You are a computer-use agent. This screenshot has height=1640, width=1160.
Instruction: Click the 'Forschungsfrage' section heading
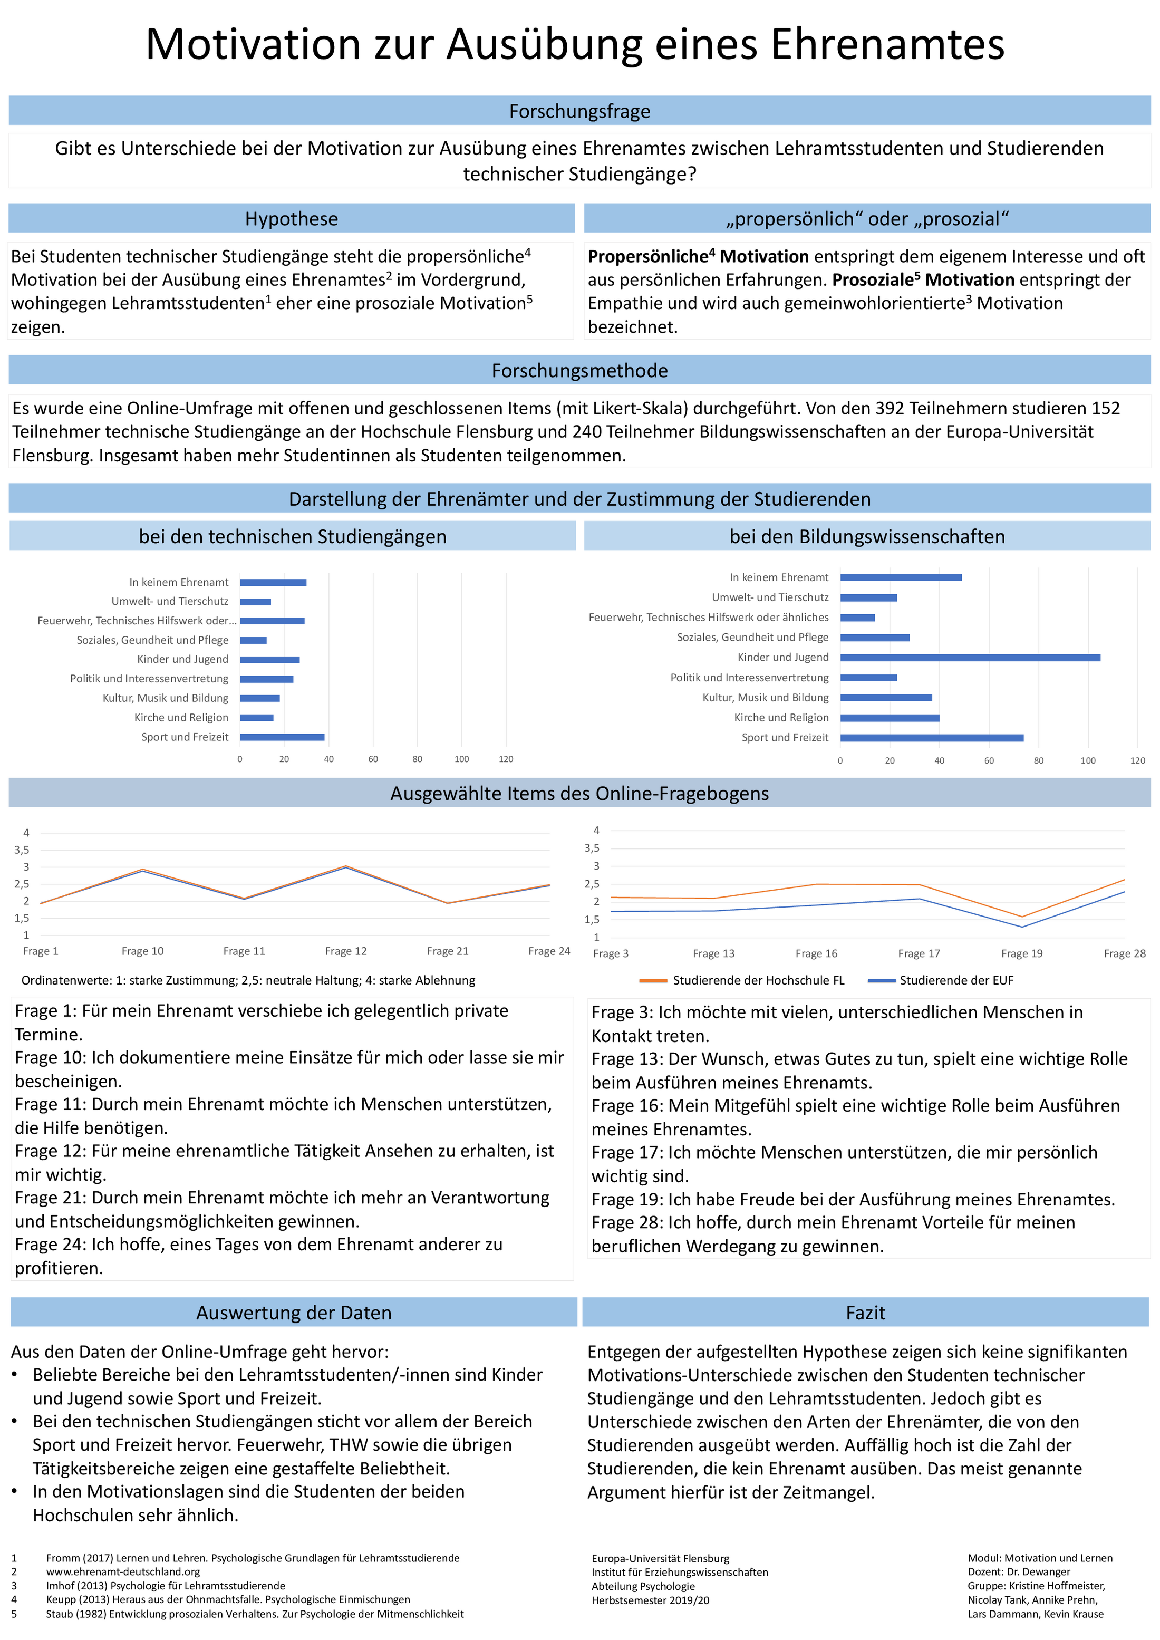[x=579, y=111]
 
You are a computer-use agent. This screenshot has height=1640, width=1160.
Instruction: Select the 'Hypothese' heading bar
[x=292, y=218]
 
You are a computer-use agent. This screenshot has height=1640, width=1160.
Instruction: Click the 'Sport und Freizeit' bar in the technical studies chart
[x=282, y=737]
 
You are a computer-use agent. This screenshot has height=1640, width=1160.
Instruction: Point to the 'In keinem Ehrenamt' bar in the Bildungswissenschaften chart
[x=900, y=577]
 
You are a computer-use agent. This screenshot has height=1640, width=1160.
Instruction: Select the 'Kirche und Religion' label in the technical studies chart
[x=181, y=717]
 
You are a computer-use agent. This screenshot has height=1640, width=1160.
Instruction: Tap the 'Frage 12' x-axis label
[x=346, y=951]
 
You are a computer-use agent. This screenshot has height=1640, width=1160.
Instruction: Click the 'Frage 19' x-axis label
[x=1021, y=953]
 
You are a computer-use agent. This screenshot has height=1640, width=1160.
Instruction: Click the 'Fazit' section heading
[x=865, y=1313]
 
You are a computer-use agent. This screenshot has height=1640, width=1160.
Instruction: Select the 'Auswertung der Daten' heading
[x=294, y=1313]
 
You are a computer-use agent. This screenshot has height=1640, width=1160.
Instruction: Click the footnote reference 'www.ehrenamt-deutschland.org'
[x=123, y=1571]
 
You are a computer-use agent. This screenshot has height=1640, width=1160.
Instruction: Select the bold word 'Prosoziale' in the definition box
[x=872, y=279]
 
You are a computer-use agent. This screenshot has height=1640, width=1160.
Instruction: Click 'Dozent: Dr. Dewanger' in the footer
[x=1019, y=1571]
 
